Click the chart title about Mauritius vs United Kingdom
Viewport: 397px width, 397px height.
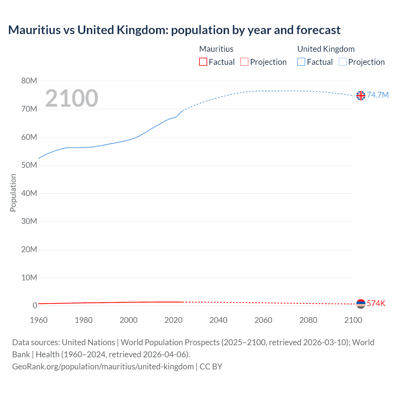pyautogui.click(x=174, y=30)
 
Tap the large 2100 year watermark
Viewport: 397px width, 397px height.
pyautogui.click(x=72, y=98)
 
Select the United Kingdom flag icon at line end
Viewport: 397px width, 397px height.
pyautogui.click(x=361, y=96)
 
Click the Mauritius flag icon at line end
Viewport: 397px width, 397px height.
pyautogui.click(x=361, y=304)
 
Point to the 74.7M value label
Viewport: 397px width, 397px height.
pyautogui.click(x=377, y=95)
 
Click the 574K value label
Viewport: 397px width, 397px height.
pyautogui.click(x=376, y=303)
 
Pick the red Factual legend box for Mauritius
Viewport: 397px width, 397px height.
pyautogui.click(x=203, y=62)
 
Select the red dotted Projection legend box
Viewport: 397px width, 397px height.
pyautogui.click(x=244, y=62)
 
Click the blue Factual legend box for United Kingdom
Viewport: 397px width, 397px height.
pyautogui.click(x=301, y=62)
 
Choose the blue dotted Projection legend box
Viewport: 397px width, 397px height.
pyautogui.click(x=343, y=62)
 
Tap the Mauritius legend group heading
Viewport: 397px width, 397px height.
pyautogui.click(x=216, y=49)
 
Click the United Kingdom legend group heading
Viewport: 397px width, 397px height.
pyautogui.click(x=326, y=49)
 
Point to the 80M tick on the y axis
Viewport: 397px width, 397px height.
pyautogui.click(x=29, y=81)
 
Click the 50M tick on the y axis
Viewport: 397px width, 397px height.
pyautogui.click(x=29, y=165)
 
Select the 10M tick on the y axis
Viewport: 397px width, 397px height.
pyautogui.click(x=29, y=278)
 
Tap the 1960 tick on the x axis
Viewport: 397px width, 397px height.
pyautogui.click(x=39, y=320)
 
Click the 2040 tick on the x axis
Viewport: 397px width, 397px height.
pyautogui.click(x=218, y=320)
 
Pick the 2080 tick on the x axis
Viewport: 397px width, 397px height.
pyautogui.click(x=308, y=320)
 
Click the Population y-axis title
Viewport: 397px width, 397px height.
pyautogui.click(x=13, y=193)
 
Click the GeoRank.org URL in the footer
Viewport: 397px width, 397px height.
pyautogui.click(x=103, y=367)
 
